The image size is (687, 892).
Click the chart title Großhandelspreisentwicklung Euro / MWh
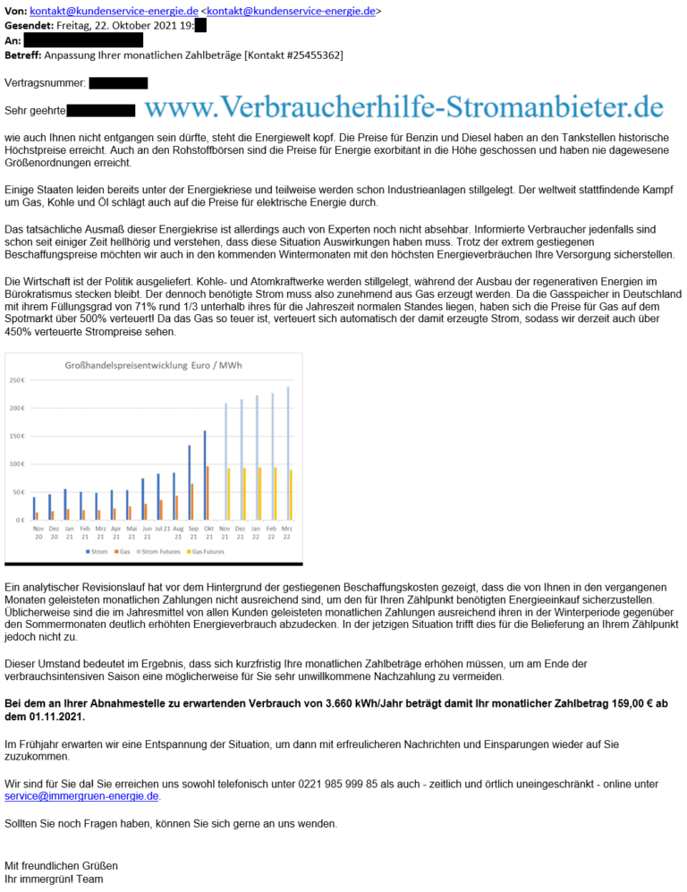pos(153,365)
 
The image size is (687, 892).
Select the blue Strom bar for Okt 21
pos(205,475)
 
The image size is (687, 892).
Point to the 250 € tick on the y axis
pos(17,381)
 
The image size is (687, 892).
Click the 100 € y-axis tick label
pos(17,464)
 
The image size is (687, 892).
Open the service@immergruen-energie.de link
pos(82,796)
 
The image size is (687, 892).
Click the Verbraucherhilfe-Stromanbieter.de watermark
pos(403,108)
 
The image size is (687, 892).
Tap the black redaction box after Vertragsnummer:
pos(118,83)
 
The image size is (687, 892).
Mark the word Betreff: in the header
pos(22,55)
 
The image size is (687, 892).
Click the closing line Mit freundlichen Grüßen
pos(61,866)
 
